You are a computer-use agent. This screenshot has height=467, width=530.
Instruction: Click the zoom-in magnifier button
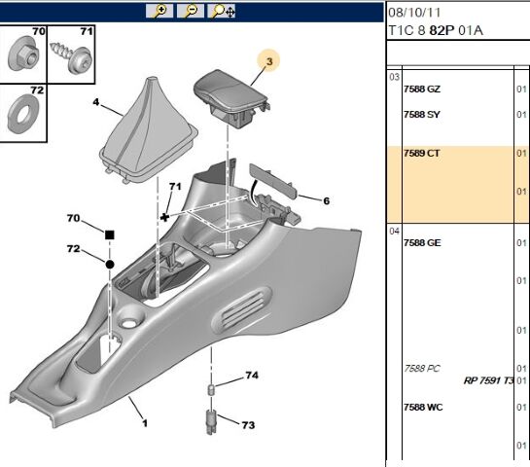159,11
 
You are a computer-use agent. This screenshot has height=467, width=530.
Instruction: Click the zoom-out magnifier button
191,11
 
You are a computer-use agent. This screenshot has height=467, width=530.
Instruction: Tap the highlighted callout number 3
269,61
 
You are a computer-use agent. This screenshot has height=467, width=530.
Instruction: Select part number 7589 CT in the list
421,153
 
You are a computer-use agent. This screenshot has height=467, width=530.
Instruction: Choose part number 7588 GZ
422,89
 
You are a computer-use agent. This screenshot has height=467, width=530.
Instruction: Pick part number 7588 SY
422,114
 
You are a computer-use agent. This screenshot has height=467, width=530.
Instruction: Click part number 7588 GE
422,243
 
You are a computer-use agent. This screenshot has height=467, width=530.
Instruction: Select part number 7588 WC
423,407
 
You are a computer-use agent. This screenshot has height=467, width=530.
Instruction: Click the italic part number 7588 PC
422,369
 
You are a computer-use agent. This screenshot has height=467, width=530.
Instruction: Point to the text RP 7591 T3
489,380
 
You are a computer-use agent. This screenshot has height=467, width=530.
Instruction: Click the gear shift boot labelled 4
149,131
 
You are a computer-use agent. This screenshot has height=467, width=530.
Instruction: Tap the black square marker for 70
110,235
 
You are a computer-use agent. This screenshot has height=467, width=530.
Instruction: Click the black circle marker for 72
110,265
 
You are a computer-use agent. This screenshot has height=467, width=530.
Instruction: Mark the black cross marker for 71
164,217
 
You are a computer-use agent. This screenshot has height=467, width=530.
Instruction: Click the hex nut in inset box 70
23,54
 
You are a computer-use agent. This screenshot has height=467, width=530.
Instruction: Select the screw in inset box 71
71,55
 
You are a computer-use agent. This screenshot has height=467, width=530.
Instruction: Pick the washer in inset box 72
23,114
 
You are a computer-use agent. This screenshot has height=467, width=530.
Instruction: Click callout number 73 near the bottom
248,425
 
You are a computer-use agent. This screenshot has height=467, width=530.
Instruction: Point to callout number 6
326,200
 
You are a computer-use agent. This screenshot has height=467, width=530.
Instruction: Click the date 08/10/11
414,13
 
